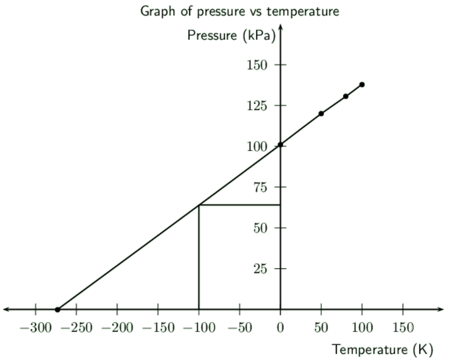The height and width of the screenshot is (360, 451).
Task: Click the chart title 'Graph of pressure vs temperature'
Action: point(239,11)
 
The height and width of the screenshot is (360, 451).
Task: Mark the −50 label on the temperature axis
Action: point(239,328)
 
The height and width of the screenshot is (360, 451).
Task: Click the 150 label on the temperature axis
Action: point(403,328)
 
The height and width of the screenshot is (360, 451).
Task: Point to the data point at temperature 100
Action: point(362,84)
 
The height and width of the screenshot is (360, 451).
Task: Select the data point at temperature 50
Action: point(321,113)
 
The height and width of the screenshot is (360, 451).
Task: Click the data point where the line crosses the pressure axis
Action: point(280,145)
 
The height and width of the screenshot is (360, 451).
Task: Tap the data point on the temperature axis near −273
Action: point(58,310)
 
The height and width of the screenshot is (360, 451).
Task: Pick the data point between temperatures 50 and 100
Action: point(346,96)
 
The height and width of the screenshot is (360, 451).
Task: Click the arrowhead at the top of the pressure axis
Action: point(280,26)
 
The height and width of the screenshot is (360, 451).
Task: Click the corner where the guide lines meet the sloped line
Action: point(199,205)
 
